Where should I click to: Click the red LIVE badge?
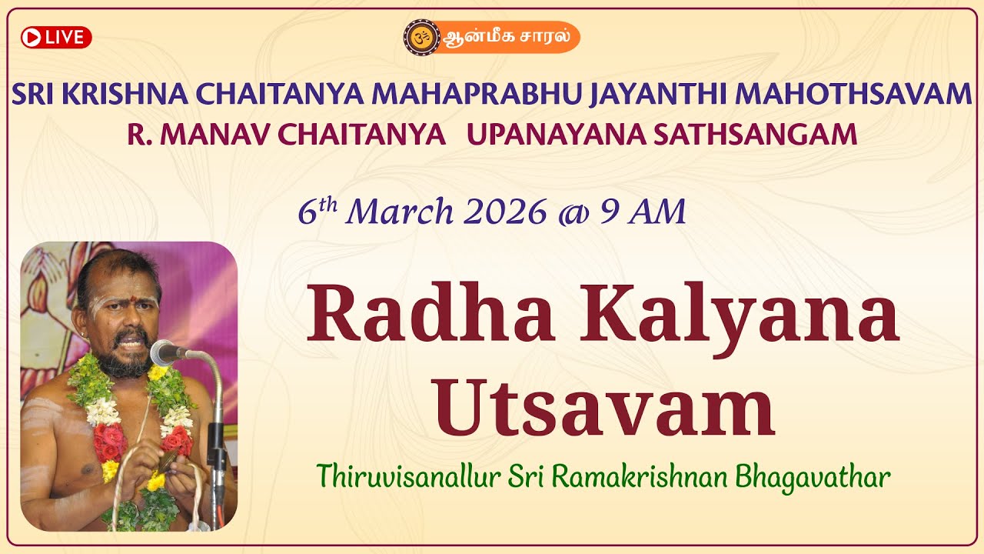point(56,37)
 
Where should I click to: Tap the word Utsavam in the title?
point(604,409)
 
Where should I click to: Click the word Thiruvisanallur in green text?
point(409,477)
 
